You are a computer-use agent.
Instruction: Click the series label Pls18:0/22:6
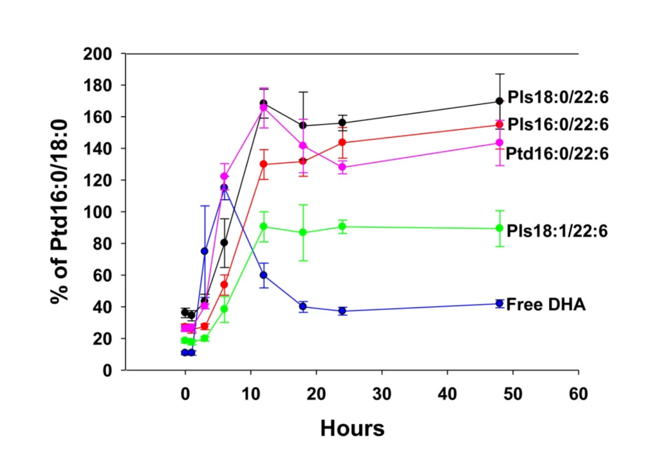(557, 98)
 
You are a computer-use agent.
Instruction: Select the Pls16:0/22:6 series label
(557, 124)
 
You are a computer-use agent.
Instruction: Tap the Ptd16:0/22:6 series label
(557, 153)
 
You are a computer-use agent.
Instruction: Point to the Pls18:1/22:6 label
(557, 230)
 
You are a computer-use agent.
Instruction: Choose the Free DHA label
(546, 304)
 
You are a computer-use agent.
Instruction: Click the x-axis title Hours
(352, 428)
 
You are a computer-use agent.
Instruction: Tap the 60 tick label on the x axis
(579, 394)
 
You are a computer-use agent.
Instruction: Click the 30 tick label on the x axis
(382, 394)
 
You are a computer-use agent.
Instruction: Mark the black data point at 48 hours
(499, 101)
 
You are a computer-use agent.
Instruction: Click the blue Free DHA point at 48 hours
(499, 304)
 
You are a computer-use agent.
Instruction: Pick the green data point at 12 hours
(264, 226)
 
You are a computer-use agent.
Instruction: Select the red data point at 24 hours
(342, 142)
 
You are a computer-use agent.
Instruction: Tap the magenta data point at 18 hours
(303, 146)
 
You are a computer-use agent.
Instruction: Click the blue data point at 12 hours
(264, 275)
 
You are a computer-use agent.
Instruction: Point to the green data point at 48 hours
(499, 228)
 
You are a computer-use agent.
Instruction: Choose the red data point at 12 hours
(264, 164)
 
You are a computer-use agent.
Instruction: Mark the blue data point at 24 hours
(342, 311)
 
